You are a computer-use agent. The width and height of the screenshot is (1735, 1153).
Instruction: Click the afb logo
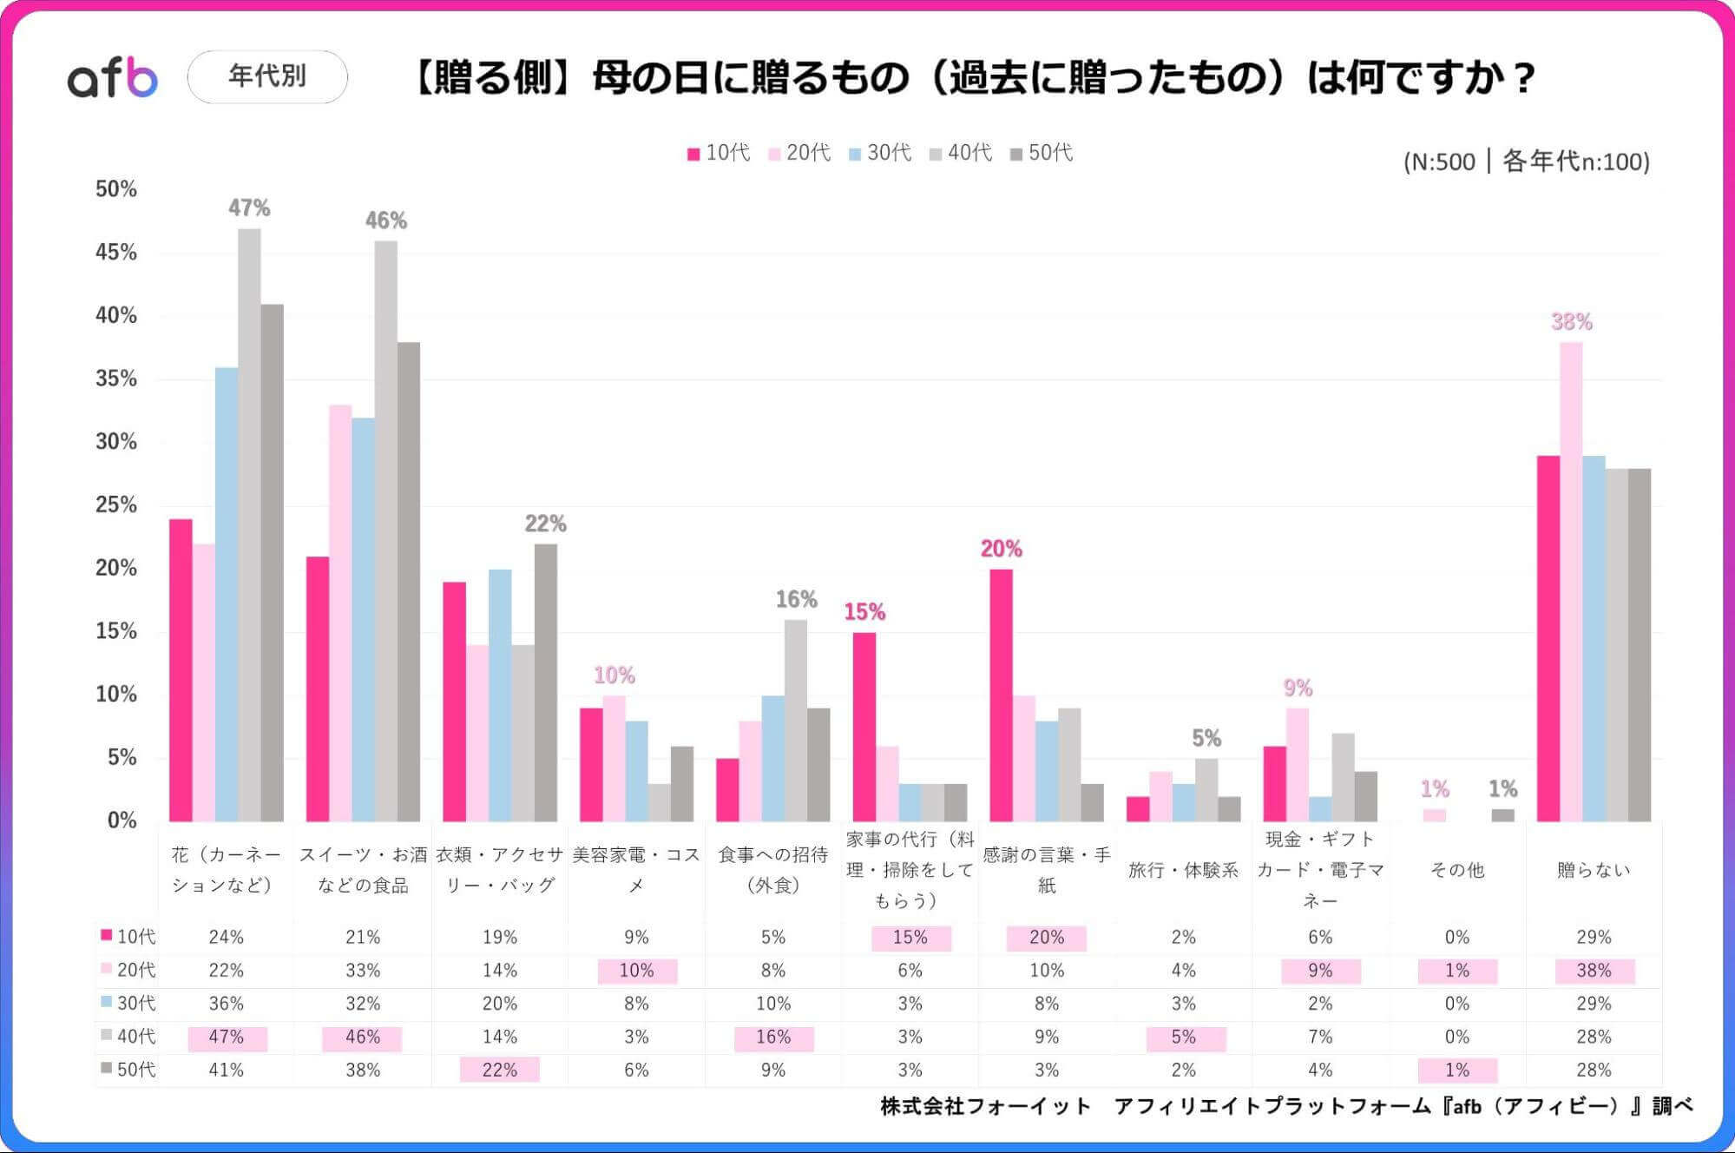point(113,78)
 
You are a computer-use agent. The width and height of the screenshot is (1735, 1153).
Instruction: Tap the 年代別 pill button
point(267,76)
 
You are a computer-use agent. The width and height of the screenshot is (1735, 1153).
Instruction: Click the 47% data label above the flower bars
point(249,208)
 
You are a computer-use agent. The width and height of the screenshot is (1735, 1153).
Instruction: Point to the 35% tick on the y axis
point(116,379)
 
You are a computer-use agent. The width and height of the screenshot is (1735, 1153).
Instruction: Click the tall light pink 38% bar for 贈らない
point(1571,582)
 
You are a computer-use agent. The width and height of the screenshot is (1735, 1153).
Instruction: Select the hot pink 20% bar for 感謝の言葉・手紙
point(1001,695)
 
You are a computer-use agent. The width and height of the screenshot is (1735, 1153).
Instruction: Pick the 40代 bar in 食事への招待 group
point(796,721)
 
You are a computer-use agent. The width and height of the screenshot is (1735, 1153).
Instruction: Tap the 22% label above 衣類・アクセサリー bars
point(545,524)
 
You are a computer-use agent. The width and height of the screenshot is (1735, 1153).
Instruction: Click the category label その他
point(1456,870)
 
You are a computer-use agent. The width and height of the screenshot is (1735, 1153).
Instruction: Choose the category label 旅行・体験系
point(1183,870)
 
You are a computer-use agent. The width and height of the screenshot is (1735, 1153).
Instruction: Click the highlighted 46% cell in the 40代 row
point(362,1038)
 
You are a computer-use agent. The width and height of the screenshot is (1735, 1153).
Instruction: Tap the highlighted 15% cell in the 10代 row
point(910,938)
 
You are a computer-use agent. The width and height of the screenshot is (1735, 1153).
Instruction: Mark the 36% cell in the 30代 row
point(226,1004)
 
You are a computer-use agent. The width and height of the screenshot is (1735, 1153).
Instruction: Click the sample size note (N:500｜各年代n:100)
point(1526,161)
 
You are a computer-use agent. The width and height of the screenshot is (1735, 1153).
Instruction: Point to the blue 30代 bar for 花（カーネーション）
point(227,595)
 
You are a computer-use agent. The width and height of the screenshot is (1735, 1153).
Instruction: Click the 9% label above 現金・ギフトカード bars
point(1298,689)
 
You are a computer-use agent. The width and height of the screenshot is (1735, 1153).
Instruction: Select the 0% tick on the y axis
point(122,820)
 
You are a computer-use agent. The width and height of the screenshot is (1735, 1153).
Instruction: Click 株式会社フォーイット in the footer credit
point(985,1106)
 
